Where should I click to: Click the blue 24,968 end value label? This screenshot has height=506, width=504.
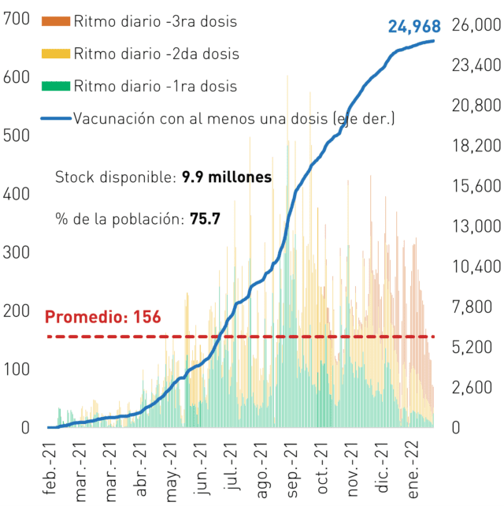[x=414, y=27]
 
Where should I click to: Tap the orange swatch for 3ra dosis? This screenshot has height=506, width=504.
[x=56, y=21]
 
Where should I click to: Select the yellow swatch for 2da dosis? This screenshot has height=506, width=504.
[x=56, y=54]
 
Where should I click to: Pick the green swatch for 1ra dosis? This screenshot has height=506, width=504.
[x=56, y=86]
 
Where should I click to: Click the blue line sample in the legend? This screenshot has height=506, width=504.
[x=56, y=118]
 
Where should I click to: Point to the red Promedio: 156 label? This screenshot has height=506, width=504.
[x=102, y=317]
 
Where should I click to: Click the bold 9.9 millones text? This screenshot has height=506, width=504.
[x=227, y=177]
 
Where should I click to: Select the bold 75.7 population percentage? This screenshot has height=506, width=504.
[x=205, y=219]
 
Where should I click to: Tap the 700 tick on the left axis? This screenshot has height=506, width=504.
[x=16, y=19]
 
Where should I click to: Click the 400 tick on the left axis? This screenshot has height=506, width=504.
[x=16, y=194]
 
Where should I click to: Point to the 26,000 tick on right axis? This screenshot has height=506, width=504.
[x=476, y=25]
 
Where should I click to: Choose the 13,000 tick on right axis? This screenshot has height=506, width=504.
[x=476, y=226]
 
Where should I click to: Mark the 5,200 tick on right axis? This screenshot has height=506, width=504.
[x=472, y=348]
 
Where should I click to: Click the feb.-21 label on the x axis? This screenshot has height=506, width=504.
[x=50, y=469]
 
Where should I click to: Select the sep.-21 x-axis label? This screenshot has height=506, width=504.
[x=292, y=470]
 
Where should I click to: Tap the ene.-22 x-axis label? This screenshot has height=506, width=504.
[x=413, y=470]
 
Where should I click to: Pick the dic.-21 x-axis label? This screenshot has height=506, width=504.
[x=383, y=467]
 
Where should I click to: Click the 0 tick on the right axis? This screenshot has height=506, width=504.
[x=456, y=428]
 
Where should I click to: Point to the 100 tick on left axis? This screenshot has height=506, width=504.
[x=16, y=370]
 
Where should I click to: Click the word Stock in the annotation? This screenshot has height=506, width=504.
[x=75, y=177]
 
